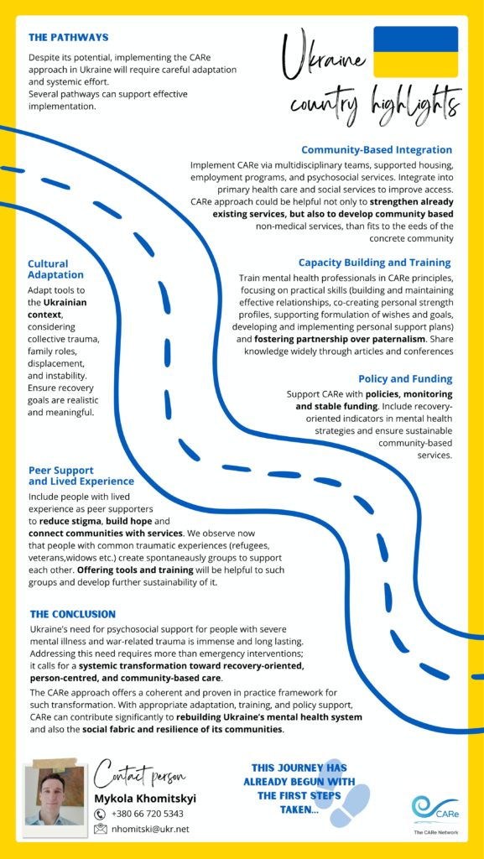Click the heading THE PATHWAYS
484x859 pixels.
pos(69,38)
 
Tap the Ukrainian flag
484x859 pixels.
pos(415,51)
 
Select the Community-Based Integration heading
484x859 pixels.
pos(377,149)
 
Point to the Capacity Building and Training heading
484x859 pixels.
pos(374,263)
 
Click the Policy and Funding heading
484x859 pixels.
pos(405,378)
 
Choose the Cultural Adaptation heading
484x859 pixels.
pos(56,269)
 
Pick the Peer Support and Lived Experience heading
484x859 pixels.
pos(81,476)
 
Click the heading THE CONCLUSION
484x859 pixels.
pos(73,613)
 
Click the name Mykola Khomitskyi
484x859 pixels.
pos(146,798)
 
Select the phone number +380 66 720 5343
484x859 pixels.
pos(148,814)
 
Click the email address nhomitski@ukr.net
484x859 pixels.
pos(150,829)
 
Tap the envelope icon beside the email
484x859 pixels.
pos(101,830)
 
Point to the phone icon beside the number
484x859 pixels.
pos(100,814)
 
